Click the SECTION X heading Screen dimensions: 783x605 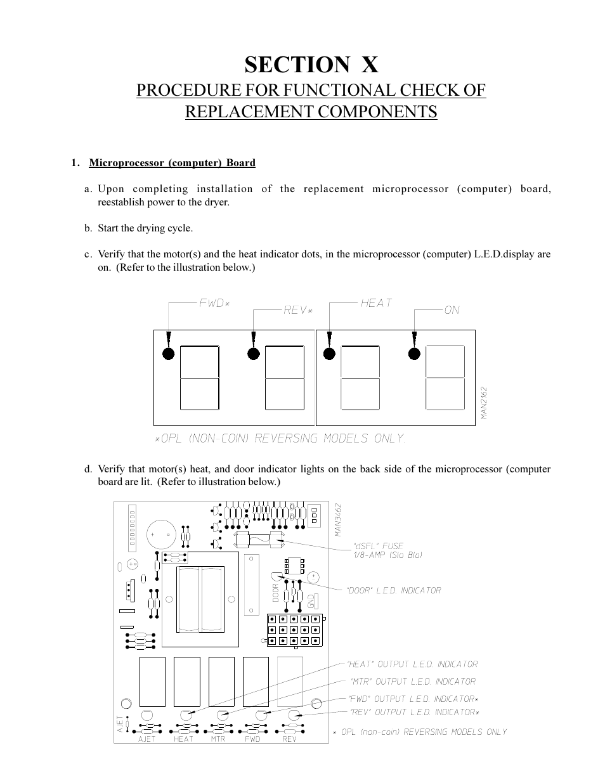tap(311, 64)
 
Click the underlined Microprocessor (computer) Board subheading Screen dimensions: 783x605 tap(172, 163)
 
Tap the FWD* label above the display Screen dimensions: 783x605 tap(214, 303)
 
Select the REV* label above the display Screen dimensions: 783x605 tap(298, 310)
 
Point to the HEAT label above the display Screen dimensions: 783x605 tap(376, 303)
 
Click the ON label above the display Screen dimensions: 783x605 tap(452, 310)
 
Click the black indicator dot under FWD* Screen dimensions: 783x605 tap(168, 354)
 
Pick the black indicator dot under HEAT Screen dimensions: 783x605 tap(329, 354)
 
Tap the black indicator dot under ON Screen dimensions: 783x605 tap(413, 354)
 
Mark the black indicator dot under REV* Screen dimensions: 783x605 tap(252, 354)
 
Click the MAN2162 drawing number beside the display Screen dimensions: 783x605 tap(483, 403)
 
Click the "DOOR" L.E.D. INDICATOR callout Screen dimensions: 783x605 tap(393, 590)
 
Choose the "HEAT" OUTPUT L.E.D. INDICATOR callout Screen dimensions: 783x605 tap(412, 664)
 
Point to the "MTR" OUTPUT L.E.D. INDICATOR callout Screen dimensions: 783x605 tap(413, 682)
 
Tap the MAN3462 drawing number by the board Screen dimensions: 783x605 tap(339, 520)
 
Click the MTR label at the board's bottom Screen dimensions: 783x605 tap(218, 739)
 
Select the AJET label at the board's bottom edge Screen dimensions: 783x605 tap(146, 739)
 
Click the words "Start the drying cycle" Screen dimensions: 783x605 tap(145, 228)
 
